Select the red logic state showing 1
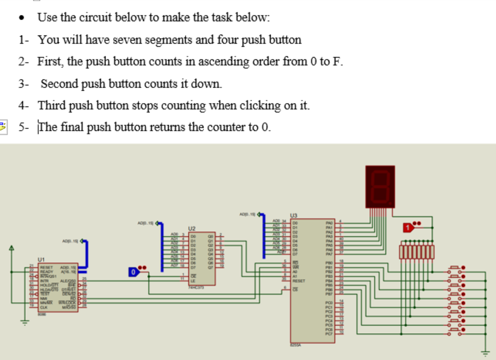pos(409,227)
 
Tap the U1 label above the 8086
pos(41,259)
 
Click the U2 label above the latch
pos(191,227)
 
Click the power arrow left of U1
pos(13,249)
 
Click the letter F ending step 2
pos(337,62)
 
